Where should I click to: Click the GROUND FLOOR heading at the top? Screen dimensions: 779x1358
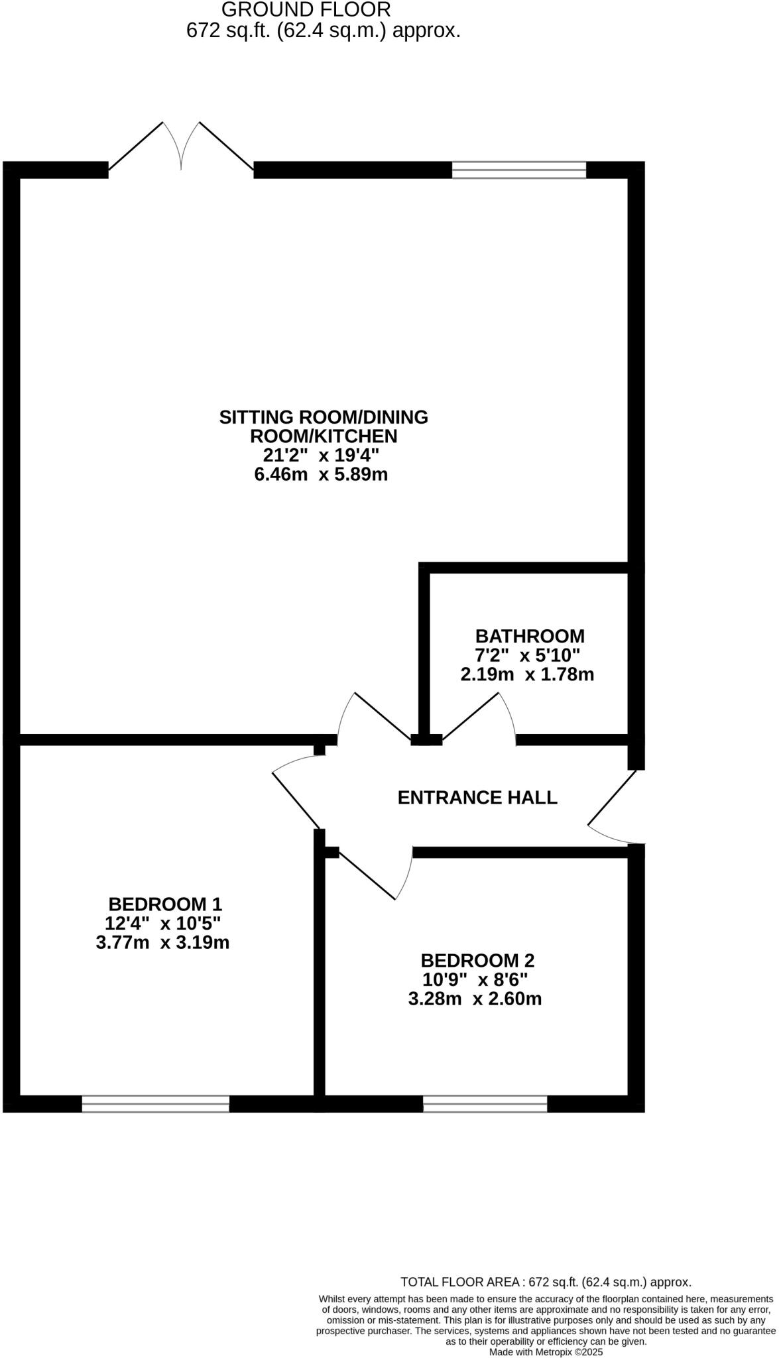coord(306,10)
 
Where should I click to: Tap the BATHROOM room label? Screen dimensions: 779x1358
coord(530,636)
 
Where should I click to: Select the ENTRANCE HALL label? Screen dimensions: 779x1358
coord(477,797)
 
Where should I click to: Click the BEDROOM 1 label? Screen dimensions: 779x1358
coord(165,904)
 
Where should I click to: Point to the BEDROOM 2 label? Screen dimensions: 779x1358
coord(477,960)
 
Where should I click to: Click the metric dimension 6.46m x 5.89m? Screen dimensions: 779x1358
coord(321,475)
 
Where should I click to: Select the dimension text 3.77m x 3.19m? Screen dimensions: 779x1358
coord(162,942)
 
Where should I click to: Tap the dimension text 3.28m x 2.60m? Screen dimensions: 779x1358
coord(475,999)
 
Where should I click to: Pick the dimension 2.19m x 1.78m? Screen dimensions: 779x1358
coord(527,675)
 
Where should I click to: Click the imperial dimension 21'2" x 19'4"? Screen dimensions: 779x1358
coord(321,456)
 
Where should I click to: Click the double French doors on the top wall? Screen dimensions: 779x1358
coord(181,149)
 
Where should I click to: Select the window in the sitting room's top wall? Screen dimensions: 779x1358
coord(519,170)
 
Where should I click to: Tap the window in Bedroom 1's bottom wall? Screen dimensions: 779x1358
coord(156,1103)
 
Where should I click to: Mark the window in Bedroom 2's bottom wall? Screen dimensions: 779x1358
coord(485,1103)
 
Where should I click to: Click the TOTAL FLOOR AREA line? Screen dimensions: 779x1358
coord(546,1282)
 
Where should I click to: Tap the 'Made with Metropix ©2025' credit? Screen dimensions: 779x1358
coord(546,1351)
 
